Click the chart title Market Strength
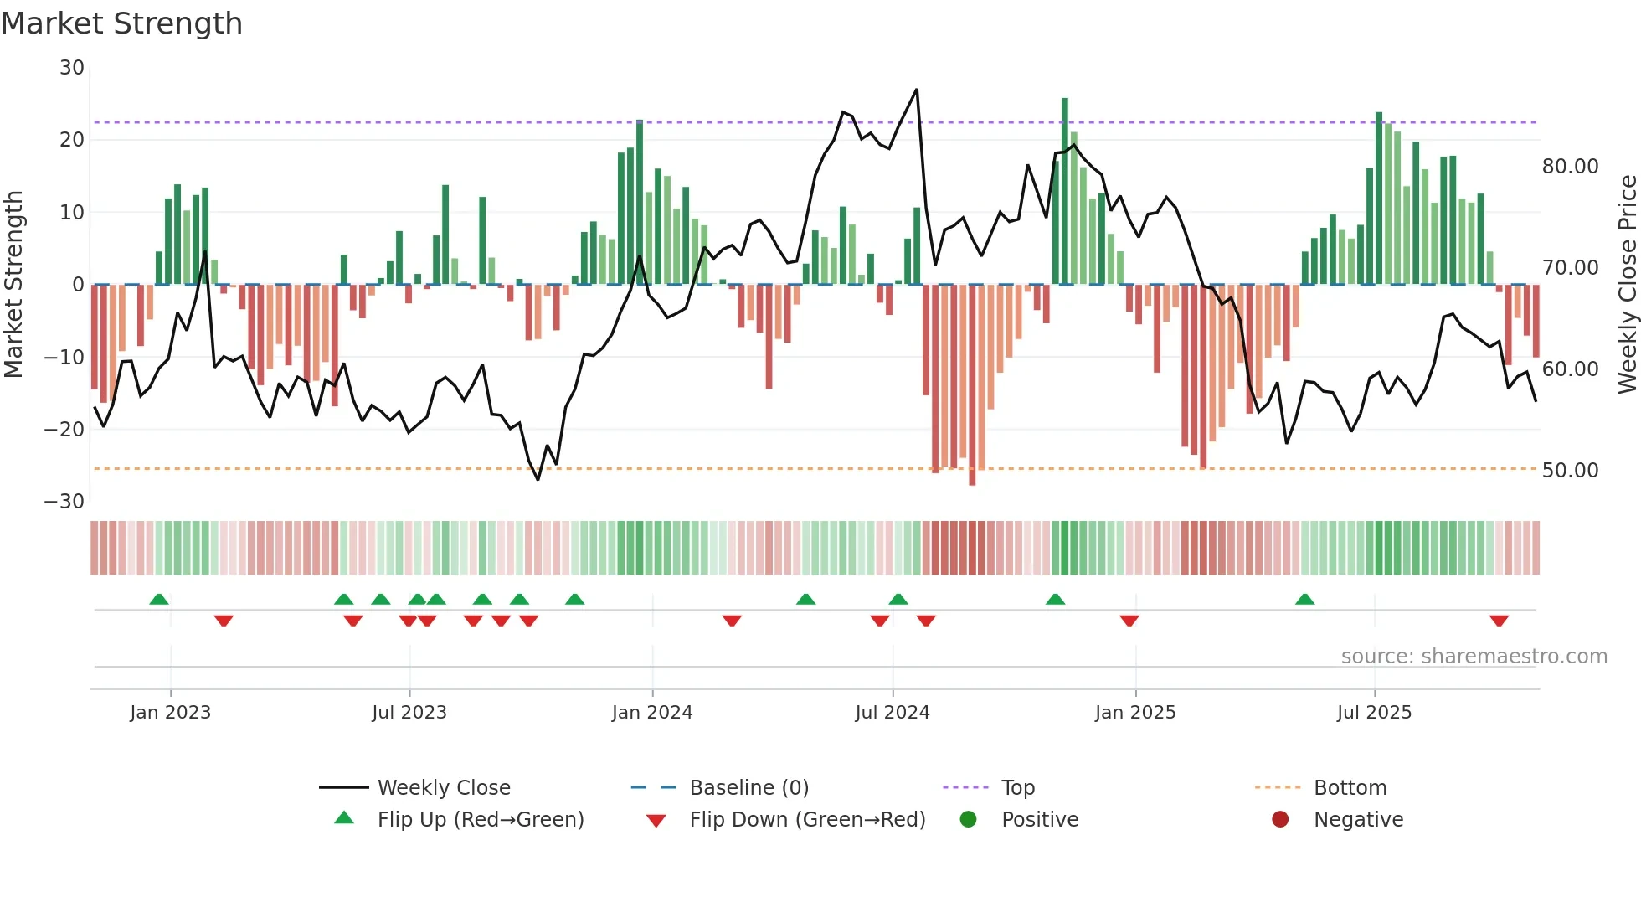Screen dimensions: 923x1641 121,23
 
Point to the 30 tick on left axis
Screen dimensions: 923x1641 72,68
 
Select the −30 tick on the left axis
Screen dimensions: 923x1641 64,502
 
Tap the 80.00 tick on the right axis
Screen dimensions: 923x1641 1570,167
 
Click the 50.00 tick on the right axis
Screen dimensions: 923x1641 1570,471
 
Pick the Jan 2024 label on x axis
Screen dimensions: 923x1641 652,713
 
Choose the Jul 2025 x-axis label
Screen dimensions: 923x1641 1374,713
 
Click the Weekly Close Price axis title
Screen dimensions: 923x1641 1627,285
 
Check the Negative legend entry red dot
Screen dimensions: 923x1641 1280,819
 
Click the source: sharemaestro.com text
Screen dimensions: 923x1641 1474,657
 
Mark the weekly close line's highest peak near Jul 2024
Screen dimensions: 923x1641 917,90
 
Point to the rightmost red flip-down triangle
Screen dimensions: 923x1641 1499,621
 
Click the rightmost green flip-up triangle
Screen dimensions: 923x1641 1304,599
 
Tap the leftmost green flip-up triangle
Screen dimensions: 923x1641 159,599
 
